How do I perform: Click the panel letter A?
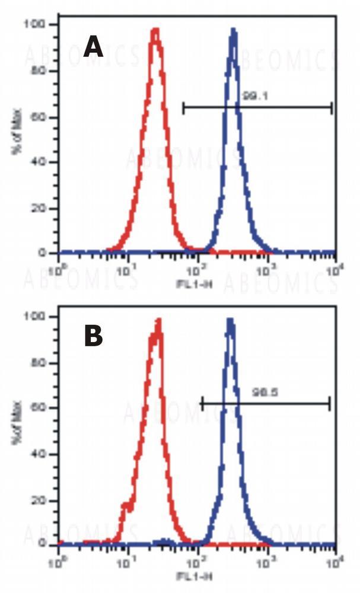click(x=93, y=47)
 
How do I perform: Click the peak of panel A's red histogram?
click(x=155, y=30)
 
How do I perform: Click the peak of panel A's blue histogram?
click(x=233, y=30)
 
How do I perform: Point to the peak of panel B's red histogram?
click(x=158, y=321)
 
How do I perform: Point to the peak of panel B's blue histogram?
click(x=230, y=321)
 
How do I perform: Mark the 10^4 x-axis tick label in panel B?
click(x=334, y=561)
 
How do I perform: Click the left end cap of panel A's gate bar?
click(x=183, y=107)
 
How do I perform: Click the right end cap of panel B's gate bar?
click(x=329, y=404)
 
